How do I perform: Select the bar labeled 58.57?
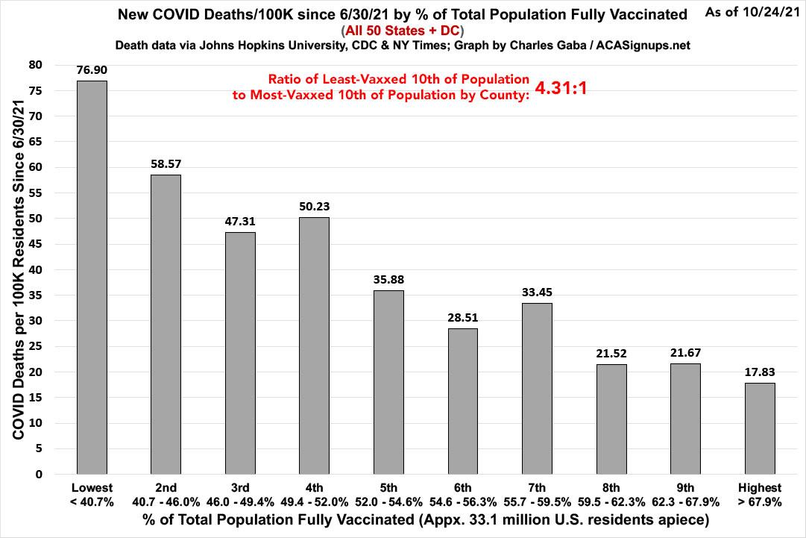[166, 325]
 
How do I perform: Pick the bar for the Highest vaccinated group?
[760, 428]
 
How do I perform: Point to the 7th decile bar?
[537, 389]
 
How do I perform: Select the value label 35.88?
[388, 280]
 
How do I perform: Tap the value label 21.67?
[685, 352]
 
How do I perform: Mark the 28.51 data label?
[462, 317]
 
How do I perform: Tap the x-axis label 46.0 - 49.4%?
[240, 502]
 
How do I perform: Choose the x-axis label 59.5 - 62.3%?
[611, 502]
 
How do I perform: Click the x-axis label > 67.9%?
[760, 502]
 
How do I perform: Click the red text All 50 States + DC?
[403, 30]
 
